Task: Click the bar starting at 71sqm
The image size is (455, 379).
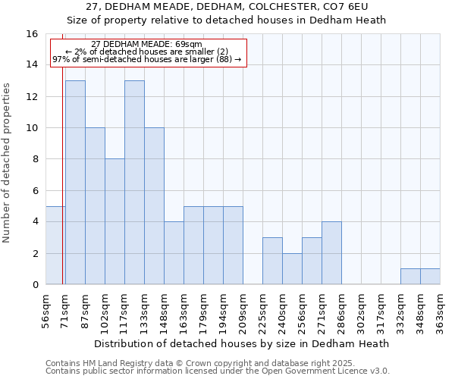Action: (75, 182)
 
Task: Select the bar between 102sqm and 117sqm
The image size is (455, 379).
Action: (115, 221)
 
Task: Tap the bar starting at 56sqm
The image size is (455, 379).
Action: (55, 245)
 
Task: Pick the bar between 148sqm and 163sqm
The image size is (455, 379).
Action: (174, 253)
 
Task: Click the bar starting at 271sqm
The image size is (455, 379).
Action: (331, 253)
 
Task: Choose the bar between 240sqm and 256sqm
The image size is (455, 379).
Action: (292, 269)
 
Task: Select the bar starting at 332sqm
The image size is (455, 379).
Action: (410, 277)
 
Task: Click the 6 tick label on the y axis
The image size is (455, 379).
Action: (35, 190)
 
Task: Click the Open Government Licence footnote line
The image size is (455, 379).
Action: (218, 371)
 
